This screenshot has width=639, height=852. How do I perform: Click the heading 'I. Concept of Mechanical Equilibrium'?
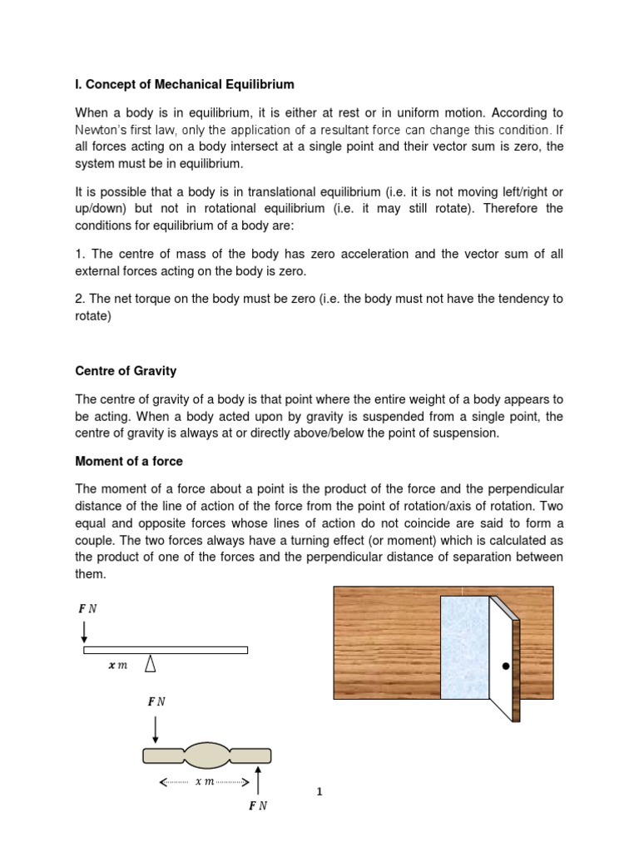(x=185, y=85)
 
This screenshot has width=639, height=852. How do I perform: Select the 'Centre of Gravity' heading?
(x=126, y=371)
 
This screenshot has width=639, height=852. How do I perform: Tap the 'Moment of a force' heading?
(x=129, y=461)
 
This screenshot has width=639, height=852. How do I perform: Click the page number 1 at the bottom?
(x=319, y=792)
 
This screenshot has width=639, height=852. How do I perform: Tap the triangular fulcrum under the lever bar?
(x=151, y=663)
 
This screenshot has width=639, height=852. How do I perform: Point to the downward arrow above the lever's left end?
(x=84, y=631)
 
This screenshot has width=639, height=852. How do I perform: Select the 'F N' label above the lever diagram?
(x=87, y=608)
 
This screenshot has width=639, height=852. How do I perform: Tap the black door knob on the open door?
(x=504, y=666)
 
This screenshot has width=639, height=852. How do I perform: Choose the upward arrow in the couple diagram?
(x=260, y=781)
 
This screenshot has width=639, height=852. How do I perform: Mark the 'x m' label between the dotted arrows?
(x=205, y=781)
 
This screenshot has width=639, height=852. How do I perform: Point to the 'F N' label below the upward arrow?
(x=259, y=806)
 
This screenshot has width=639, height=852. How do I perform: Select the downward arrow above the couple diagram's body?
(x=156, y=728)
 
